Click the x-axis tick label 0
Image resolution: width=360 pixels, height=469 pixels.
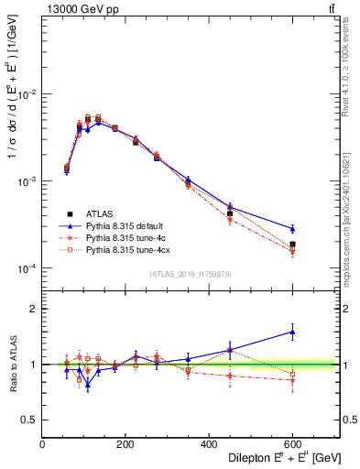(x=43, y=443)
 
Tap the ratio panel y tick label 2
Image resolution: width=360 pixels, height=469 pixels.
(x=32, y=310)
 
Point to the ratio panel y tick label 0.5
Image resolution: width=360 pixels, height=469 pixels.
(x=28, y=420)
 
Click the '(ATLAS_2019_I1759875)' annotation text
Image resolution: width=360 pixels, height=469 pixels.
(x=190, y=273)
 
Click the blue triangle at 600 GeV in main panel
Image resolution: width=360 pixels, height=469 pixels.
(x=293, y=228)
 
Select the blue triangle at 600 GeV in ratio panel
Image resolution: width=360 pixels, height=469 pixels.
(x=293, y=333)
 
